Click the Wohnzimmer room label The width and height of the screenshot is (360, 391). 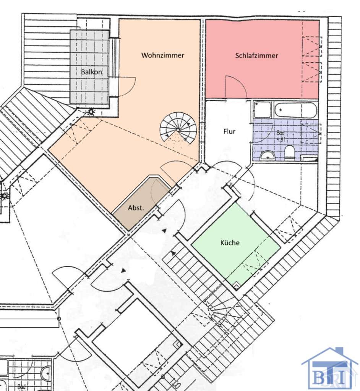click(163, 55)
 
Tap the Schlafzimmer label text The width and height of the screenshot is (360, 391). click(256, 56)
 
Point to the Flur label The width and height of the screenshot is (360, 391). click(229, 131)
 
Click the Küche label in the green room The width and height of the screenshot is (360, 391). click(230, 242)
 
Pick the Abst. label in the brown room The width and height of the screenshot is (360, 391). click(136, 208)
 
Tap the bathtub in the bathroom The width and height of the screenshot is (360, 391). click(295, 110)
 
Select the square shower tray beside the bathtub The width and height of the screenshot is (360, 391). click(262, 110)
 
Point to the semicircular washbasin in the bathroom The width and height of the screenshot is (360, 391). click(267, 156)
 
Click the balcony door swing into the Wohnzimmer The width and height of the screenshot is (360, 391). click(125, 86)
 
